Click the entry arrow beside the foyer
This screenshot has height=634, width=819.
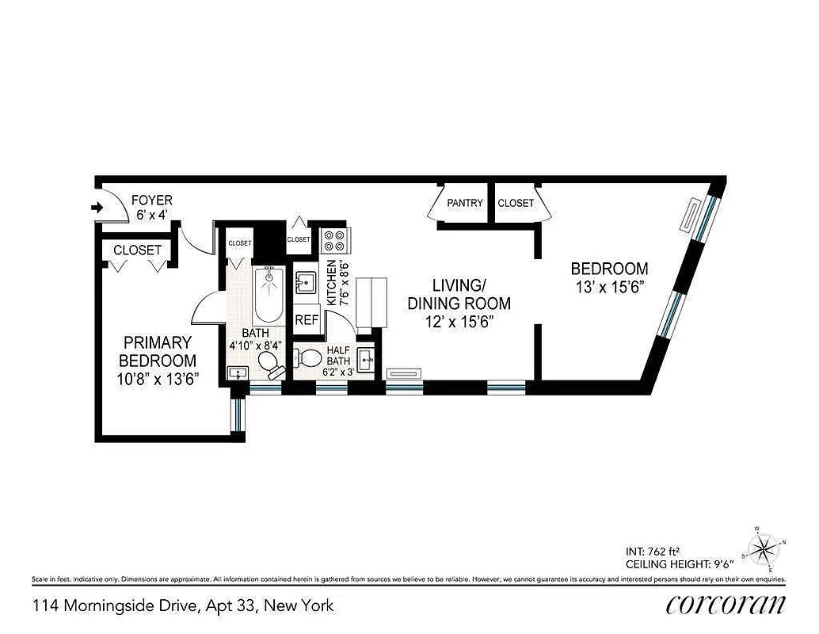[x=97, y=208]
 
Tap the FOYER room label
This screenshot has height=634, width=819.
[x=151, y=201]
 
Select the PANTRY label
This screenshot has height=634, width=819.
[x=464, y=203]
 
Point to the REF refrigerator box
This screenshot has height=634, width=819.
[x=307, y=320]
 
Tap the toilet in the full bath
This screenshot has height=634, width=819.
[x=269, y=364]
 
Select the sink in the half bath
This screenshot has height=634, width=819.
[x=365, y=360]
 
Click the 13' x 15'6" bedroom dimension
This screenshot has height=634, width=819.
[x=609, y=287]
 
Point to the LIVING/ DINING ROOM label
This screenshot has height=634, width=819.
[x=459, y=293]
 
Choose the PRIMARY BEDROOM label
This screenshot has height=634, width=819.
[x=157, y=351]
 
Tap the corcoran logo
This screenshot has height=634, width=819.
[x=726, y=605]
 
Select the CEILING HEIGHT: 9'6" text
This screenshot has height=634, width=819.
[x=680, y=564]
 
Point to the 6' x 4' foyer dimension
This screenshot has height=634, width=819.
[x=151, y=215]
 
